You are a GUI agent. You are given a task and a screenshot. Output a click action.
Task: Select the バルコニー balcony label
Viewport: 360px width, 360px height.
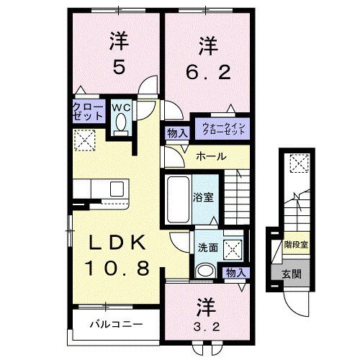[x=114, y=324]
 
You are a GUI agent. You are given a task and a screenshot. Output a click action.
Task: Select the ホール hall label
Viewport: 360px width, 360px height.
[x=212, y=156]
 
